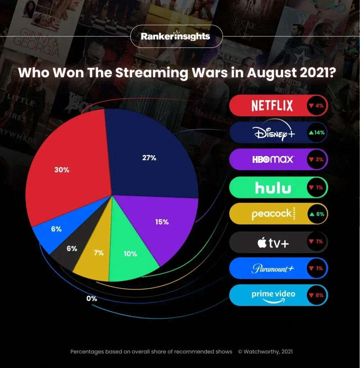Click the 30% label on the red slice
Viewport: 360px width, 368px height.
61,170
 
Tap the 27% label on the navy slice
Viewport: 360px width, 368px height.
149,158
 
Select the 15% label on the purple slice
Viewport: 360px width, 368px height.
162,222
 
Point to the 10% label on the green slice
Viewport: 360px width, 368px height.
130,254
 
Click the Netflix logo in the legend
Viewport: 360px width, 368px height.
272,106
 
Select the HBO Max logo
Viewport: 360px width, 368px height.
273,160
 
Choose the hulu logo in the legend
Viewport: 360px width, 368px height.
273,188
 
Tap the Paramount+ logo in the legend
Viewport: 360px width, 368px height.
273,268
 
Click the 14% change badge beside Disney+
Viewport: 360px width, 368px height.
317,133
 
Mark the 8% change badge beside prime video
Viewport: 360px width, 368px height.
317,295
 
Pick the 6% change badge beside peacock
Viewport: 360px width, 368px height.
317,214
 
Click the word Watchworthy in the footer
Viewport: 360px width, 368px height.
262,351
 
